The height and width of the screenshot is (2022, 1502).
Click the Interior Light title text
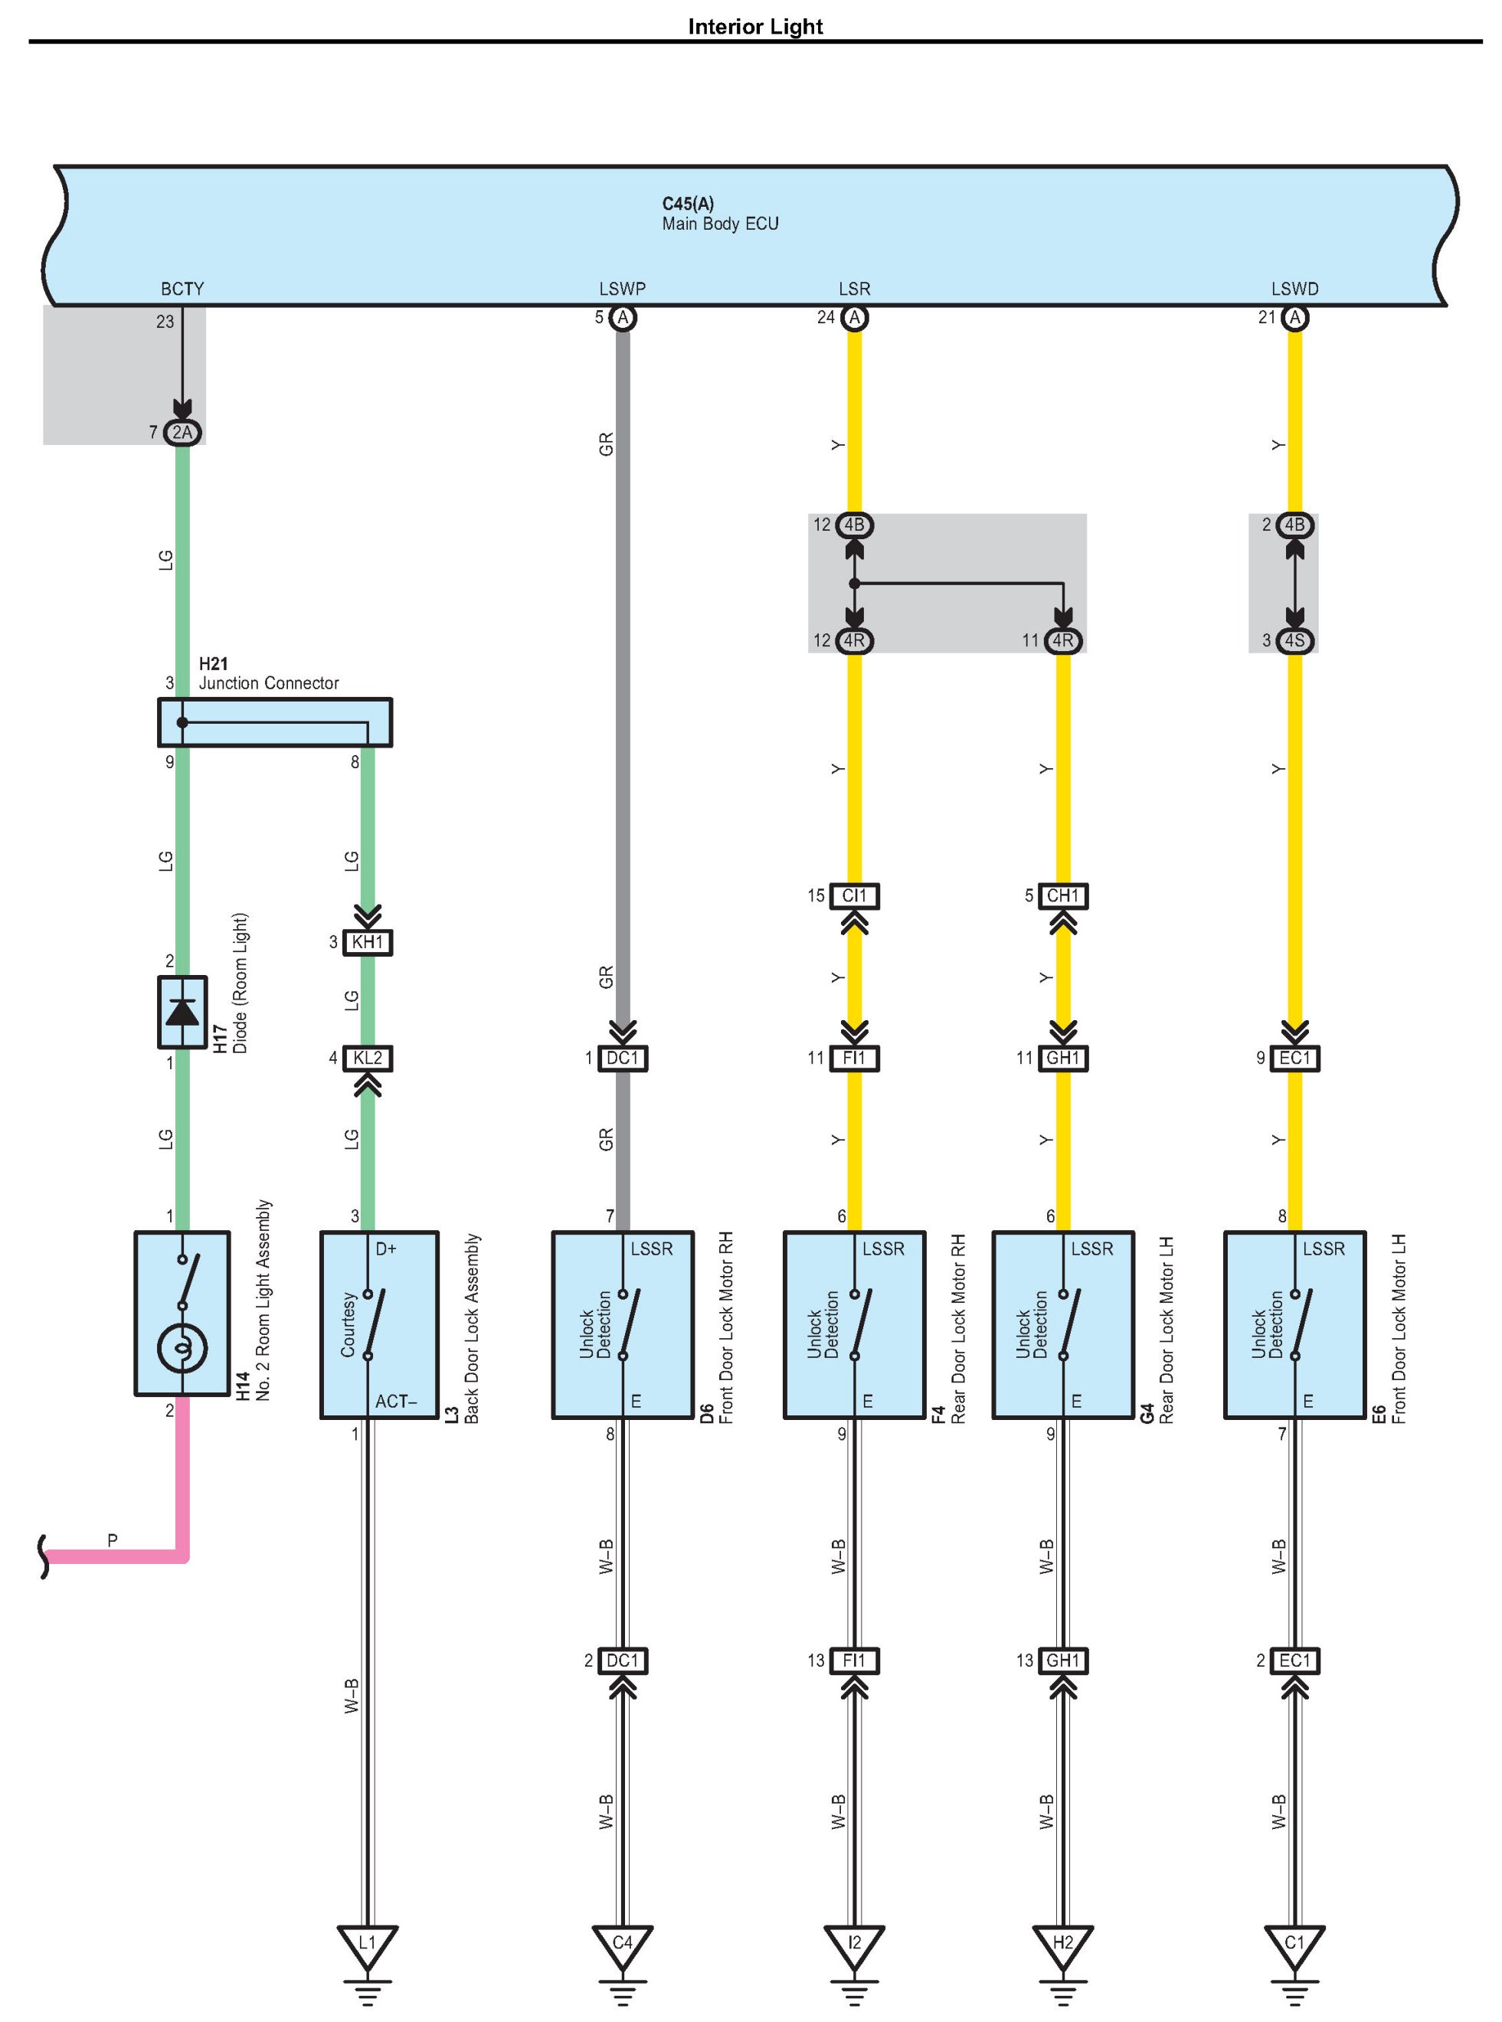[x=754, y=26]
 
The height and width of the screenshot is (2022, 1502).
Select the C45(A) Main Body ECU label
[x=719, y=214]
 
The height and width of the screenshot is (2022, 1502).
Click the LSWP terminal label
[x=622, y=289]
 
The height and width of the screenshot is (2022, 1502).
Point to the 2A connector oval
[x=183, y=433]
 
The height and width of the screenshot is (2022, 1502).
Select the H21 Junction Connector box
[x=274, y=723]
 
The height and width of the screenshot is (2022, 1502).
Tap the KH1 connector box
[x=368, y=942]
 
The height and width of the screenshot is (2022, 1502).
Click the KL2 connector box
[x=368, y=1058]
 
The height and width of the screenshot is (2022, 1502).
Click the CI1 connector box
[x=854, y=895]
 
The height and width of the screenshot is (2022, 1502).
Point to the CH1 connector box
[x=1063, y=895]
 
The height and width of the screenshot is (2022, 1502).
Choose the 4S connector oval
[x=1294, y=641]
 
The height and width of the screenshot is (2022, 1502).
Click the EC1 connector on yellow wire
[x=1294, y=1058]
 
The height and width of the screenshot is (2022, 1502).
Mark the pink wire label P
[x=112, y=1540]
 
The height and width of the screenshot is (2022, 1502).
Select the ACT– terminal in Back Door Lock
[x=395, y=1402]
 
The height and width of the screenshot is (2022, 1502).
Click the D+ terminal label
[x=386, y=1249]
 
